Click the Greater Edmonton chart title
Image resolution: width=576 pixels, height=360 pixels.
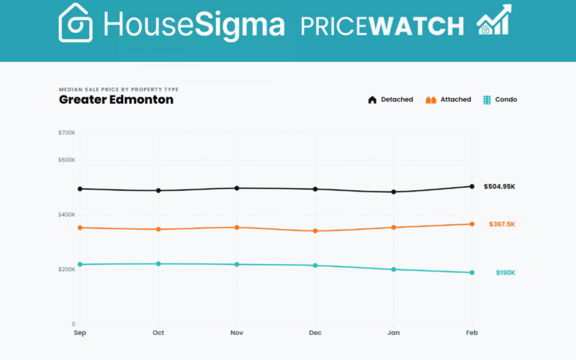[116, 99]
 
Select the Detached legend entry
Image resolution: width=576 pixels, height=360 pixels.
[390, 99]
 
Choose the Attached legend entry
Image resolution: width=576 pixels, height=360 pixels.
[448, 99]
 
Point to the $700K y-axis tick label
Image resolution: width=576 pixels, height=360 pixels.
[67, 133]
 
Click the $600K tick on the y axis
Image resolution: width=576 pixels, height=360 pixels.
[67, 160]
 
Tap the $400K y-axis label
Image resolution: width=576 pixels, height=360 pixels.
[67, 215]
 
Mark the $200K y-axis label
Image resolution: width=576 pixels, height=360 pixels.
[67, 269]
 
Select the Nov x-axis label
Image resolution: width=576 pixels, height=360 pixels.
[236, 333]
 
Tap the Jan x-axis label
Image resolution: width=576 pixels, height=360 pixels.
[393, 333]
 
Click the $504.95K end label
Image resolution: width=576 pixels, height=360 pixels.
[499, 186]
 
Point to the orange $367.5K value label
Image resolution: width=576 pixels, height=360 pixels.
[501, 224]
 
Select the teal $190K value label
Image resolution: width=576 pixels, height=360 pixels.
[505, 273]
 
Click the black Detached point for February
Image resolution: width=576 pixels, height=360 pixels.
[472, 186]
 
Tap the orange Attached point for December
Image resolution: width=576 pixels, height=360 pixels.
[315, 231]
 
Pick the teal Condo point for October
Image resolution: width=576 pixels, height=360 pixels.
[158, 264]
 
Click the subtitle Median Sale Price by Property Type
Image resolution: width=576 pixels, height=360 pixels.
[119, 89]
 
